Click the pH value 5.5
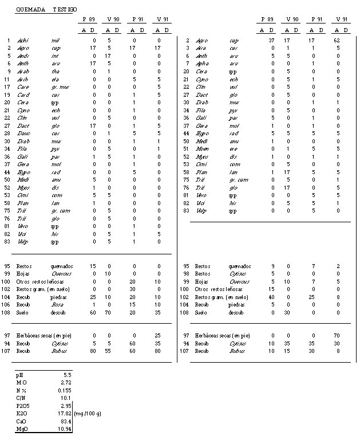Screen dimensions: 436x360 67,374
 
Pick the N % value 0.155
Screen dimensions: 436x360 65,389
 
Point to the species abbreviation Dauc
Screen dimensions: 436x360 23,132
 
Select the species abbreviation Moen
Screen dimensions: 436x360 201,148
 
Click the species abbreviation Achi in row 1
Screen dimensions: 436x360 23,41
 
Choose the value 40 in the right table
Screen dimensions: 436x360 271,298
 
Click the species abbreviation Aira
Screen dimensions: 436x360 200,48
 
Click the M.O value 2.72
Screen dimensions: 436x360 65,381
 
